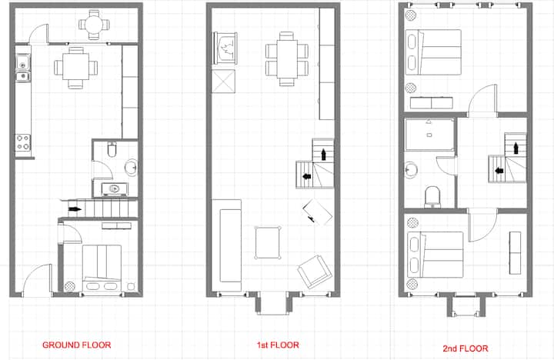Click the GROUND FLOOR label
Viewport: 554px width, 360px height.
point(77,345)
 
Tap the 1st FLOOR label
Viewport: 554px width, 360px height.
point(278,345)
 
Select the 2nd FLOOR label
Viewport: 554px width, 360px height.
point(466,348)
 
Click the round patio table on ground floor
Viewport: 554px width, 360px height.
point(94,25)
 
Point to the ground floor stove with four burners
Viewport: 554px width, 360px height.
point(23,142)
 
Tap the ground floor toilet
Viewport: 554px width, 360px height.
point(112,149)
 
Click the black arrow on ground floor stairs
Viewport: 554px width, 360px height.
point(75,209)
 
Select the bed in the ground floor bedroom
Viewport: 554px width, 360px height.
point(102,268)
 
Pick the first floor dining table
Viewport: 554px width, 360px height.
point(287,59)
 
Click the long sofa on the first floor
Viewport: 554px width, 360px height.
point(227,245)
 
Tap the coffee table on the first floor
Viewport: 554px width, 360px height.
point(268,243)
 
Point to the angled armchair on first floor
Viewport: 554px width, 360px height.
point(315,272)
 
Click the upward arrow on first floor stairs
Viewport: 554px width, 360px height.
point(323,155)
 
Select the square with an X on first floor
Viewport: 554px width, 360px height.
point(223,82)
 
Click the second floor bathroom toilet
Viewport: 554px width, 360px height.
point(432,197)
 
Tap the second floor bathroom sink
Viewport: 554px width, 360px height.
point(411,170)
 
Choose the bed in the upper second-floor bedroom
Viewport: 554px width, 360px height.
point(433,52)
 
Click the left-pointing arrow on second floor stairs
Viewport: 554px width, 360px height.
point(499,171)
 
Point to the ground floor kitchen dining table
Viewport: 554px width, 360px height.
point(76,68)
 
